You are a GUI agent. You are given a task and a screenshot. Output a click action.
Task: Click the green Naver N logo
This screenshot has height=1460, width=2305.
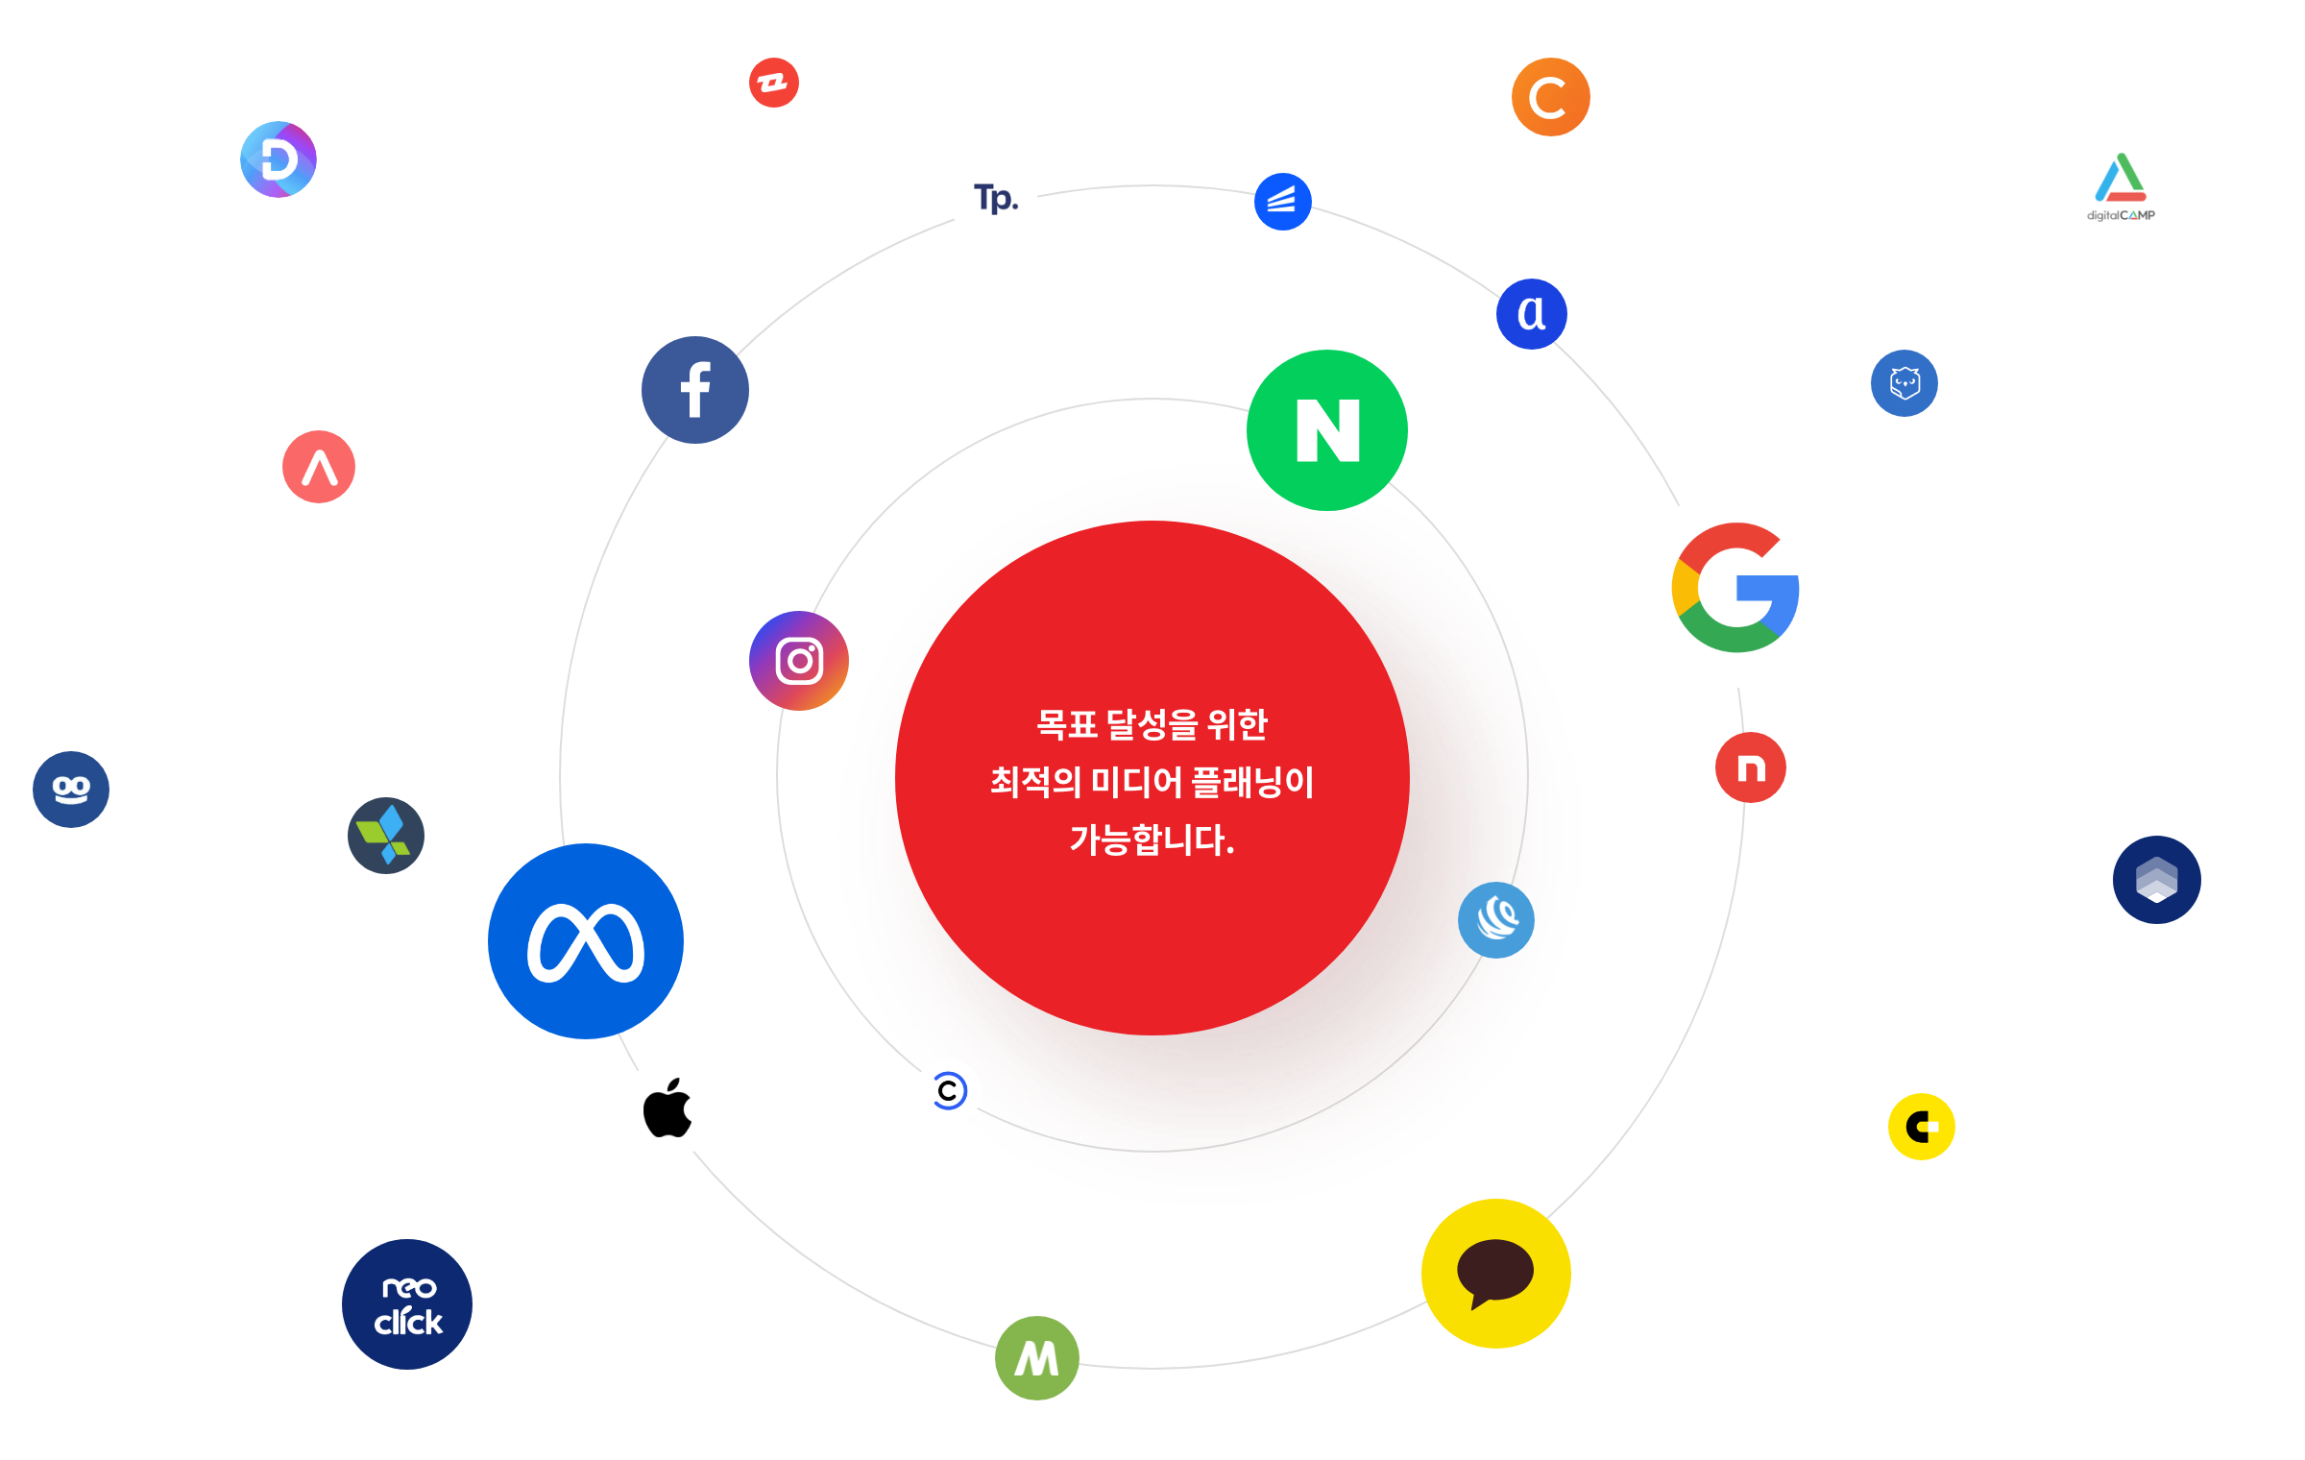[x=1327, y=430]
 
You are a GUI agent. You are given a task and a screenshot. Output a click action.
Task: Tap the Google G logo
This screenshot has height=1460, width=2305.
[x=1736, y=588]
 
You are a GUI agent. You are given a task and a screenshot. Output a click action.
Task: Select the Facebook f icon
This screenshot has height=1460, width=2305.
[x=695, y=390]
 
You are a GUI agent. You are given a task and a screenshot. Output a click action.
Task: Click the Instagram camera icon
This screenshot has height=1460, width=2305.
[x=799, y=661]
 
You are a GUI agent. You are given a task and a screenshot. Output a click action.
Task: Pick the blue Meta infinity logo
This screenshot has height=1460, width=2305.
[x=586, y=941]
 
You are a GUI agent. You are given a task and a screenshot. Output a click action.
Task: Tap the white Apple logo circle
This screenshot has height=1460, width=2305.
[x=666, y=1110]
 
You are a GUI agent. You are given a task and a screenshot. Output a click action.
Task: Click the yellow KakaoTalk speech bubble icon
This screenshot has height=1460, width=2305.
[x=1496, y=1274]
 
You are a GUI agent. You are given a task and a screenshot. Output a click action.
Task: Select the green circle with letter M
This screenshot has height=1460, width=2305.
[x=1037, y=1358]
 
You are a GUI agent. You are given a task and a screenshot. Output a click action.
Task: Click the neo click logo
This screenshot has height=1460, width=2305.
[x=407, y=1304]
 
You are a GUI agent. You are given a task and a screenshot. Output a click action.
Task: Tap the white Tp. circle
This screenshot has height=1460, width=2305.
[x=994, y=198]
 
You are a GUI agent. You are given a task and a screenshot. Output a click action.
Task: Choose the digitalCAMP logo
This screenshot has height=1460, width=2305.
[x=2121, y=189]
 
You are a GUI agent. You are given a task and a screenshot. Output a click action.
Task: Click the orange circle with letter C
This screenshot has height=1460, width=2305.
[x=1550, y=97]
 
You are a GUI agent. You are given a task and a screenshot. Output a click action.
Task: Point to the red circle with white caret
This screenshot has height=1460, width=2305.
[x=319, y=467]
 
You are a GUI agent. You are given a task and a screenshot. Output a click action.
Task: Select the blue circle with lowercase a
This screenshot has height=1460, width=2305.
[x=1532, y=314]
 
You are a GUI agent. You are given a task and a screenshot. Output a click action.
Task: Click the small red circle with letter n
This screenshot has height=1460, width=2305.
[x=1751, y=767]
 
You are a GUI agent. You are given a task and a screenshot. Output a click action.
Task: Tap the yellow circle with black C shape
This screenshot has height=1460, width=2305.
[x=1921, y=1127]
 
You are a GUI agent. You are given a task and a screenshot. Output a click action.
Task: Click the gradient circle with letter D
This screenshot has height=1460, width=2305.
[x=279, y=159]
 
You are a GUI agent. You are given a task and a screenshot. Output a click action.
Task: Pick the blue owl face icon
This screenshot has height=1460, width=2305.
[x=1905, y=383]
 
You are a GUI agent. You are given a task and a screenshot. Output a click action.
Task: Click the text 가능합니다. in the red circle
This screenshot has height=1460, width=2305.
[x=1152, y=840]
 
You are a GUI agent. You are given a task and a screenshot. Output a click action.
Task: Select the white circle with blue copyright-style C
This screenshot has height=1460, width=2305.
[x=948, y=1091]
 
